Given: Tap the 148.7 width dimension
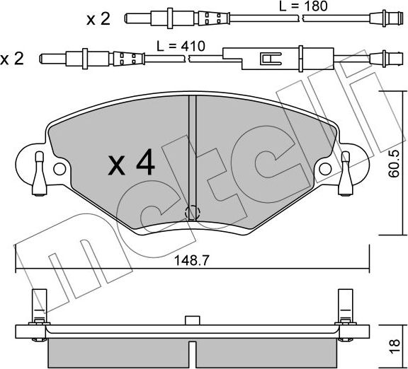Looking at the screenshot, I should [191, 259].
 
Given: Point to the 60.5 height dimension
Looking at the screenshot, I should [396, 163].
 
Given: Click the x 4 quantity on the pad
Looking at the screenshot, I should [131, 164].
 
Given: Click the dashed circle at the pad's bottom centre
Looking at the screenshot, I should [192, 212].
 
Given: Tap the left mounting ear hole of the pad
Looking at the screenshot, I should [59, 170].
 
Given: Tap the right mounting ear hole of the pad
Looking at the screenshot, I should [327, 169].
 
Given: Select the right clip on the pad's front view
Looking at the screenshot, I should [346, 172].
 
